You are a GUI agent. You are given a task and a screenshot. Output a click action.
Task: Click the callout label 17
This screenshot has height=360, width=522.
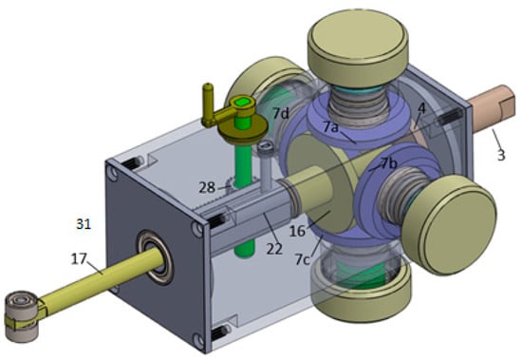pos(79,258)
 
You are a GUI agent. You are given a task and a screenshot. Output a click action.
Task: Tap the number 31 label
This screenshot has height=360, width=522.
pos(84,223)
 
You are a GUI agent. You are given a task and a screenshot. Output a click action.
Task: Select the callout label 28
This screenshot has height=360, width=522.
pos(207,188)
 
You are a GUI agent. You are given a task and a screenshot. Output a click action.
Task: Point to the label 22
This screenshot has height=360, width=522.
pos(274,249)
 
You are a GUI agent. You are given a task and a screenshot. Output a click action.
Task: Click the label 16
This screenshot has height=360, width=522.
pos(297,231)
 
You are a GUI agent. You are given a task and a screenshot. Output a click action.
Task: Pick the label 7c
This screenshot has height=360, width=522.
pos(302,259)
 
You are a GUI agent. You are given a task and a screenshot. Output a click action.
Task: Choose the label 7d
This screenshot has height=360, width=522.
pos(281,113)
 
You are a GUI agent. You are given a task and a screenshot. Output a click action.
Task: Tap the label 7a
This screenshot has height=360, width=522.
pos(330,126)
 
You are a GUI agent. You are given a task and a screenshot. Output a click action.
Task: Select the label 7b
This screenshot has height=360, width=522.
pos(389,163)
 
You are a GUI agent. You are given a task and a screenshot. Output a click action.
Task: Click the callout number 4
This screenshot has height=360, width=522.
pos(421,108)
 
